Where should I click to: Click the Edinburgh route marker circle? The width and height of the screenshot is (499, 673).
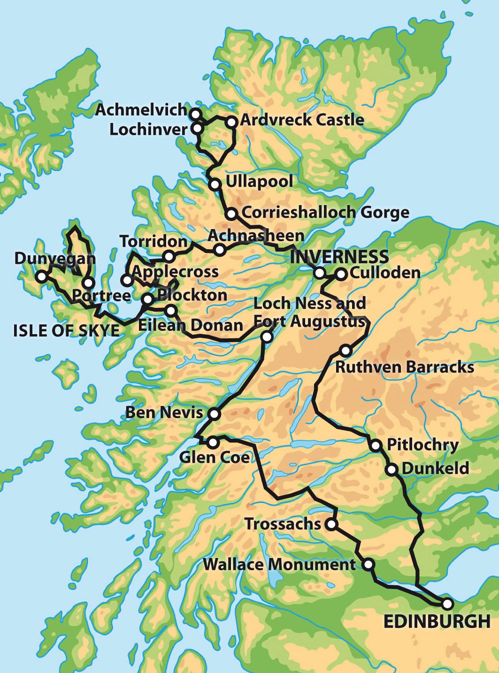[447, 603]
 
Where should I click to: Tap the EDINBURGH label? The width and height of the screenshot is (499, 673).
[437, 622]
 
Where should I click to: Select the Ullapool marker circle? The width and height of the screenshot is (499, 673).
[215, 184]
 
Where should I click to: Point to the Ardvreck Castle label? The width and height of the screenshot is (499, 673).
[302, 120]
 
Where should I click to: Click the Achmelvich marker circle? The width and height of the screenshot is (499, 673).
[195, 114]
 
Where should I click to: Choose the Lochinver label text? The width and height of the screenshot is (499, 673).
[148, 130]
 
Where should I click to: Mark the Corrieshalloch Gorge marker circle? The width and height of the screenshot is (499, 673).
[231, 214]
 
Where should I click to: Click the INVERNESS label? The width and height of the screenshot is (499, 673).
[339, 257]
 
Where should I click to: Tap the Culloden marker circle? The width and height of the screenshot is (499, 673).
[341, 274]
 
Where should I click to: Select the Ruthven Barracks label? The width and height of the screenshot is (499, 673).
[404, 367]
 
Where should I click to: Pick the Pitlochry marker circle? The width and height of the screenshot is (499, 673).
[376, 445]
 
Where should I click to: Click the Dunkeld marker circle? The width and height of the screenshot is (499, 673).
[392, 468]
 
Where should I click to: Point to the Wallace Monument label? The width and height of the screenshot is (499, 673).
[279, 565]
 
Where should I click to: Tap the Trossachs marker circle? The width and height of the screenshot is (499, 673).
[331, 524]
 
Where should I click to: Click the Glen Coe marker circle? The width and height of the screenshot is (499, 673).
[213, 442]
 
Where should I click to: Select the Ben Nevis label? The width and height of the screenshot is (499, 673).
[164, 413]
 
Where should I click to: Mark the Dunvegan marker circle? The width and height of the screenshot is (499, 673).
[42, 276]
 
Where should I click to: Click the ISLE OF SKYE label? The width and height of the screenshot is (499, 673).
[66, 330]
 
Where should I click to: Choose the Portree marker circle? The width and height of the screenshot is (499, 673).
[88, 283]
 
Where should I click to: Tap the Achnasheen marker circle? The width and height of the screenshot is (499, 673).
[219, 250]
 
